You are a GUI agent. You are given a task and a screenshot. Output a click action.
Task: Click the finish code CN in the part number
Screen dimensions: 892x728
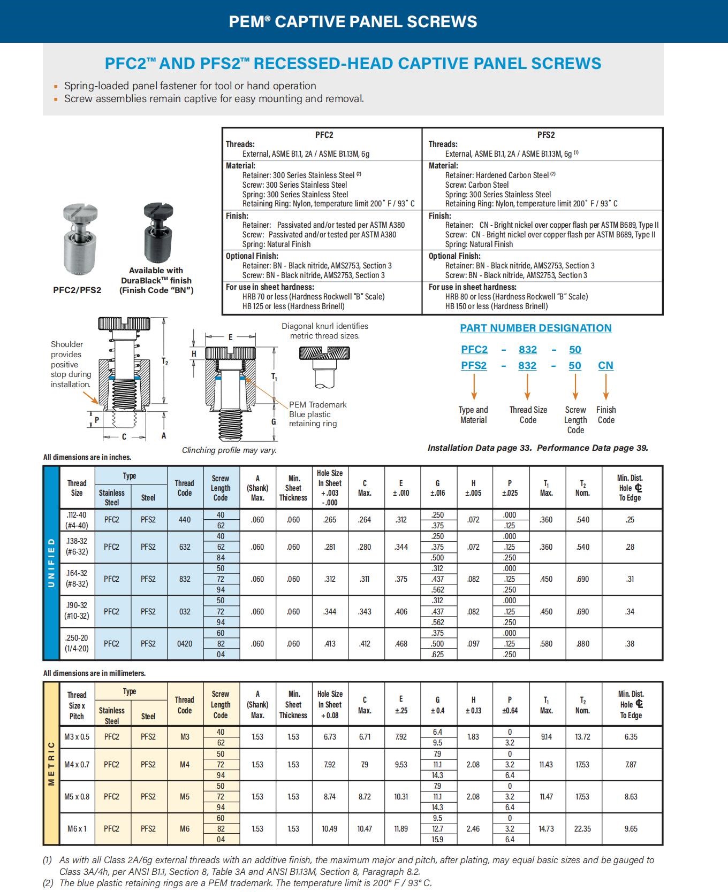[x=605, y=365]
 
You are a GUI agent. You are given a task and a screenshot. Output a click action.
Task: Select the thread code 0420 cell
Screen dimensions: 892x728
[x=185, y=644]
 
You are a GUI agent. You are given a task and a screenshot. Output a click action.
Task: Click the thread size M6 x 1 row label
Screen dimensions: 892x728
[x=77, y=829]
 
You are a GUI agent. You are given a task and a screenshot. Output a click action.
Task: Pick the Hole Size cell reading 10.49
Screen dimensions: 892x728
[x=330, y=829]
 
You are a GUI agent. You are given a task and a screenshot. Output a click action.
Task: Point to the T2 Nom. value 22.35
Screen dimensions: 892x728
[x=582, y=829]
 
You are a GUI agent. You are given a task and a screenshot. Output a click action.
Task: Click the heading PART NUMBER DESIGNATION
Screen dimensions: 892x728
[x=536, y=328]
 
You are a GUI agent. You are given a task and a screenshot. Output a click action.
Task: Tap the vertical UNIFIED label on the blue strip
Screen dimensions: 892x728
[x=51, y=563]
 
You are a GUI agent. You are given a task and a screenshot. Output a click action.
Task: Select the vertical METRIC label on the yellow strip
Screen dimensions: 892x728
[x=51, y=763]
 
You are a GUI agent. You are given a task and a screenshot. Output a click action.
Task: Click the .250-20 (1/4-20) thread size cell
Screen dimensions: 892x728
[x=77, y=644]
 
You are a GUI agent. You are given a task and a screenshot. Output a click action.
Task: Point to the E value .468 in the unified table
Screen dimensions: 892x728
[x=401, y=644]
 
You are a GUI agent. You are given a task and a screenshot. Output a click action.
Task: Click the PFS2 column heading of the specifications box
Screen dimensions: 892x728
[x=545, y=135]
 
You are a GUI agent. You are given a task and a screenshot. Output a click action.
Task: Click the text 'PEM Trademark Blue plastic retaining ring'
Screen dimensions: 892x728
[x=317, y=414]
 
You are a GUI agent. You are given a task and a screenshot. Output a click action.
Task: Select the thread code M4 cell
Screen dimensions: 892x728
[x=185, y=765]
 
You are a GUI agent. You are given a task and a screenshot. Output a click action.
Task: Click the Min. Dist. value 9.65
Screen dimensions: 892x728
[x=631, y=829]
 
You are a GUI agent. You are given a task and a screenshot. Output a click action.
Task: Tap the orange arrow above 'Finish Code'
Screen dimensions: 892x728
[x=606, y=386]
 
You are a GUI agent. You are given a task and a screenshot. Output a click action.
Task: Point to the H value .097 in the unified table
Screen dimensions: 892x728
[x=473, y=644]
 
